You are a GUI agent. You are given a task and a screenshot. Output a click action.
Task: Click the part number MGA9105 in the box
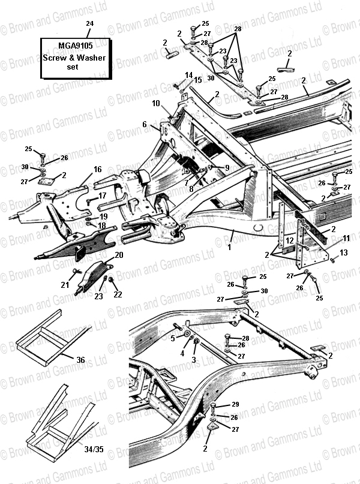76,46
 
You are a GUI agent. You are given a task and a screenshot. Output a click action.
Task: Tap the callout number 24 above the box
89,23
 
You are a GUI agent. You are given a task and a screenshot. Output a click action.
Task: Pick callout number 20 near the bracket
119,255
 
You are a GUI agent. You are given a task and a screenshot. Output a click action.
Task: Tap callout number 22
118,294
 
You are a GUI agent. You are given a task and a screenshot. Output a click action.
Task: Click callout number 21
65,285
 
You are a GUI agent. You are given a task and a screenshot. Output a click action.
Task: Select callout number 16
98,170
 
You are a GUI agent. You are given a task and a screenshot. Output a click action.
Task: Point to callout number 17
102,196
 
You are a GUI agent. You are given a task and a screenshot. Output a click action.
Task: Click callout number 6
145,124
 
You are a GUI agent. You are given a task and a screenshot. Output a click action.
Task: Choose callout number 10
156,103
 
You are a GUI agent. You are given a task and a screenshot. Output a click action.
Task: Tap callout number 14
188,76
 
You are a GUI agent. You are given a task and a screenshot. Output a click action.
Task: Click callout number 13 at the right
344,253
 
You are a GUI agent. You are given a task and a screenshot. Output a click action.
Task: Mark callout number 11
346,238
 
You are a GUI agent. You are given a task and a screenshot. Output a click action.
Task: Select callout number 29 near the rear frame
235,404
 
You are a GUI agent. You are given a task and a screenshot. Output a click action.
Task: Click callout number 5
173,339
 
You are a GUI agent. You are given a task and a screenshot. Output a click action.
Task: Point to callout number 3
194,360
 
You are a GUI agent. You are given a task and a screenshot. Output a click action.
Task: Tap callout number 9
227,168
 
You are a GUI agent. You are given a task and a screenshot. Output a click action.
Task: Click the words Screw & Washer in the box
74,58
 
